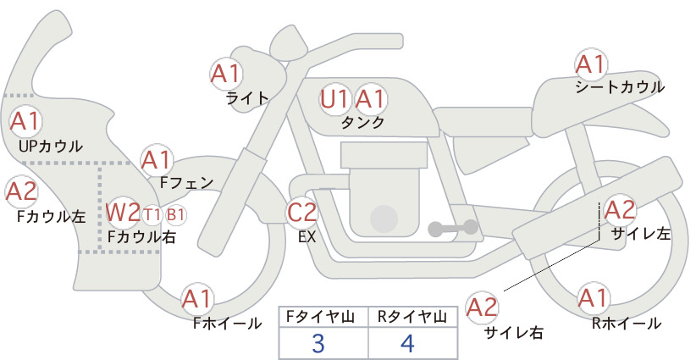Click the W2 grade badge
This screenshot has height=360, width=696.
124,213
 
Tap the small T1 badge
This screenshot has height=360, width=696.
152,215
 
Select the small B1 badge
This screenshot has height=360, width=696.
175,215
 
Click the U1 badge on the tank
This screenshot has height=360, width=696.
334,99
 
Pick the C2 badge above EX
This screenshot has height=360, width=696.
301,212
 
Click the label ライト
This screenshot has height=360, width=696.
247,98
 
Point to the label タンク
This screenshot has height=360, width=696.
362,122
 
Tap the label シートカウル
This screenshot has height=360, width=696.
620,87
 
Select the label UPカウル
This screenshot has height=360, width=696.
51,146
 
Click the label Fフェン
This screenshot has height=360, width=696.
186,182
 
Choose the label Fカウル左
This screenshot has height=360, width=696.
52,216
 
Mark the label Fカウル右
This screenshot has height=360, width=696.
141,236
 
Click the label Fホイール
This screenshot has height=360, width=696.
227,324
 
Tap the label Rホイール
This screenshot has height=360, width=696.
627,324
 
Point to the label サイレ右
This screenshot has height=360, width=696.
514,332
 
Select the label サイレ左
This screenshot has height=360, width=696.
641,234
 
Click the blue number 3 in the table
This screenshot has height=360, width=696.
318,343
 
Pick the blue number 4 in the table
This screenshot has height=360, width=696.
407,343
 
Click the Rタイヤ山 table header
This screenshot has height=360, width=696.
412,317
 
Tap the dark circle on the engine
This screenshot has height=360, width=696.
384,219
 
